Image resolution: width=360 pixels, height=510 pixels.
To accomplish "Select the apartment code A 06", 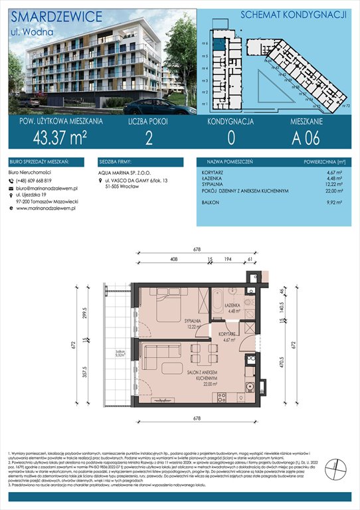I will (308, 138).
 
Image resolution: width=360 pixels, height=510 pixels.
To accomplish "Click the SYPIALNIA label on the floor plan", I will (193, 319).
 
